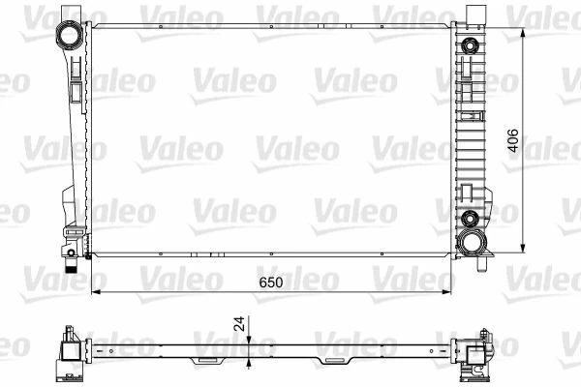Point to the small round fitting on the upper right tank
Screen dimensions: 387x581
pos(471,46)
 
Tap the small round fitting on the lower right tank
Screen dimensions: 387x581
pos(471,217)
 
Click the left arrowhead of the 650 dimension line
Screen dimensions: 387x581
pos(95,291)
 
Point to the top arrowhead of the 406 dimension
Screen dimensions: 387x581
pos(523,33)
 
